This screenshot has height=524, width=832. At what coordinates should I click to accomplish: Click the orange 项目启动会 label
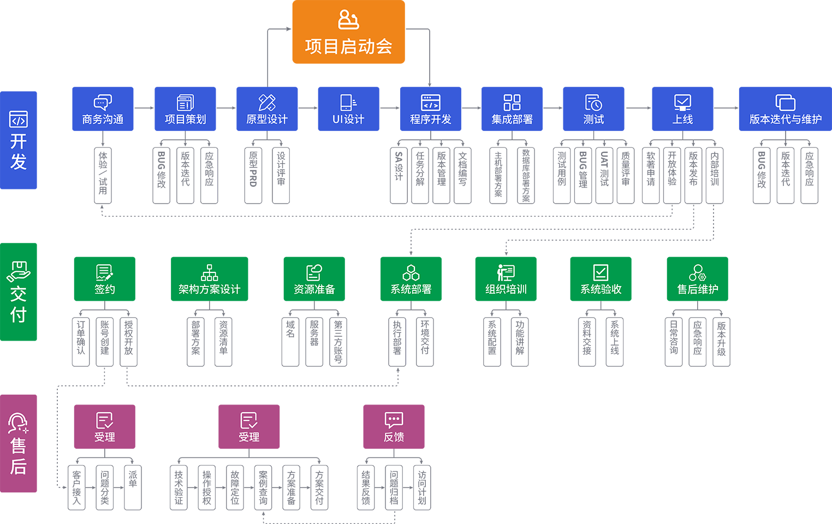pos(348,47)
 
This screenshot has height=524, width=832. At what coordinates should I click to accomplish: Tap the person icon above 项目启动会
pos(348,20)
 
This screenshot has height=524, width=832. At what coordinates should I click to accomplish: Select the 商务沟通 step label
pos(103,119)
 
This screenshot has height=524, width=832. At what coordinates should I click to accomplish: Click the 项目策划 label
pos(185,119)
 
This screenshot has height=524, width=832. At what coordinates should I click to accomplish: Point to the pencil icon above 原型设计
pos(267,102)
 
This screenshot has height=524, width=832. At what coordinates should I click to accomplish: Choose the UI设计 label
pos(348,119)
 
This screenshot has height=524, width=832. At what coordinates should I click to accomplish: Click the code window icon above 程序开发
pos(430,102)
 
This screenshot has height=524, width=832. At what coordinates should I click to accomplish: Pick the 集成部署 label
pos(512,119)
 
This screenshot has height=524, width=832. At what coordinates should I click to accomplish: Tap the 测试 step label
pos(593,119)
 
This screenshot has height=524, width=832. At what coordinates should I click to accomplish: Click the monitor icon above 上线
pos(682,102)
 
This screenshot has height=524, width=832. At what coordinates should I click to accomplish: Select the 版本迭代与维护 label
pos(785,119)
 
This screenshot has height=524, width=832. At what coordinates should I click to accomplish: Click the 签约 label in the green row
pos(104,289)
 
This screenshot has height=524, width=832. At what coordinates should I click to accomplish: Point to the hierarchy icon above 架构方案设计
pos(209,272)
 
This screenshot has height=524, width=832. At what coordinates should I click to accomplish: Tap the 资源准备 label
pos(314,289)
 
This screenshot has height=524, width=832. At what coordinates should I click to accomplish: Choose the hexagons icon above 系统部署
pos(411,272)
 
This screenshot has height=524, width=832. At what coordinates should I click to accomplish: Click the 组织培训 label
pos(506,289)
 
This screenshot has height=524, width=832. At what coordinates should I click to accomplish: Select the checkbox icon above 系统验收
pos(601,272)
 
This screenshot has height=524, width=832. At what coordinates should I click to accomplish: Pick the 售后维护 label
pos(697,289)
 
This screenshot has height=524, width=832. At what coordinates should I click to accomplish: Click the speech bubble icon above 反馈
pos(394,420)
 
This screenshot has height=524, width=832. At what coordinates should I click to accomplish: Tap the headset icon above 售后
pos(18,423)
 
